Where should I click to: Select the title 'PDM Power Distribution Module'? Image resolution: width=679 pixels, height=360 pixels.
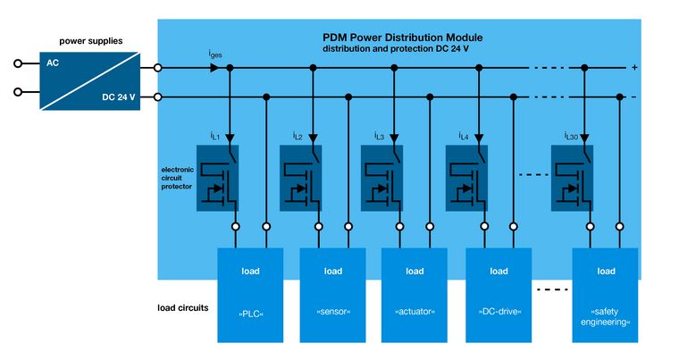(x=402, y=38)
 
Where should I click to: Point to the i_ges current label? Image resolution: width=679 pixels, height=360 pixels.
(x=215, y=54)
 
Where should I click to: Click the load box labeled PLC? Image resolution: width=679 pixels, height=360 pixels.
(x=250, y=295)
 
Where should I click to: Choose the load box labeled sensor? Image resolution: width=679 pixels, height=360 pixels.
(x=332, y=295)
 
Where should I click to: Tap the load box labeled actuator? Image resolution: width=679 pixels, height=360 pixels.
(x=414, y=295)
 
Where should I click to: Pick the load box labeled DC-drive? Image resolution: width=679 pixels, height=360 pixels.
(x=499, y=295)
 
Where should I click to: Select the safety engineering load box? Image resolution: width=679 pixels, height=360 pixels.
(x=605, y=295)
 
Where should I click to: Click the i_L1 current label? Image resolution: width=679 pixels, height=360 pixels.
(x=214, y=136)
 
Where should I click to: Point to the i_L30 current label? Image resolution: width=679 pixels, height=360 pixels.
(x=571, y=136)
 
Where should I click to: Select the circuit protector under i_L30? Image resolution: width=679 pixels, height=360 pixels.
(x=572, y=178)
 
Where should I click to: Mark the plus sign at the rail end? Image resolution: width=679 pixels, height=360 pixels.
(x=633, y=68)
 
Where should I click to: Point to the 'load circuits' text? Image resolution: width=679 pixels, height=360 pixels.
(x=177, y=307)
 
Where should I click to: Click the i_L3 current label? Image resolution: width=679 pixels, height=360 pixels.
(x=379, y=136)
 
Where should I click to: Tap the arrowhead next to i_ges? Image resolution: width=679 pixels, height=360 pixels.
(x=214, y=68)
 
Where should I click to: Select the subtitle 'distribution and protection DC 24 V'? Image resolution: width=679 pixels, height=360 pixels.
(x=402, y=49)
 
